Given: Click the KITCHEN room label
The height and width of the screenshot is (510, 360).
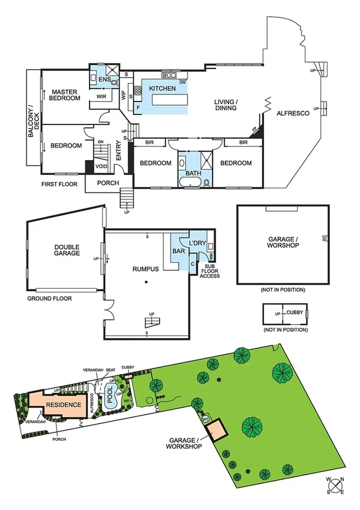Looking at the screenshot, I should pyautogui.click(x=163, y=88).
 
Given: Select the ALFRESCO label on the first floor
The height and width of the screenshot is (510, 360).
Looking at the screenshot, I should pyautogui.click(x=293, y=113).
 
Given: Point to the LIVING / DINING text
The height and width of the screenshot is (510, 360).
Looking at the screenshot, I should pyautogui.click(x=225, y=105).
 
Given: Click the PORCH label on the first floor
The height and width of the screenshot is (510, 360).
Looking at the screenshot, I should pyautogui.click(x=108, y=183).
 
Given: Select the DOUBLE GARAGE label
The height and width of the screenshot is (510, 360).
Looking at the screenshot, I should pyautogui.click(x=67, y=250).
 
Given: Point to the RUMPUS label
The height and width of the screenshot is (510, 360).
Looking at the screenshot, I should pyautogui.click(x=147, y=269).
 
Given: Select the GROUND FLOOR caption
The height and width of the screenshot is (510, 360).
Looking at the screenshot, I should pyautogui.click(x=50, y=298).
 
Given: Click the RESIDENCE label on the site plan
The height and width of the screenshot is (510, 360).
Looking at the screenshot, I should pyautogui.click(x=64, y=405).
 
